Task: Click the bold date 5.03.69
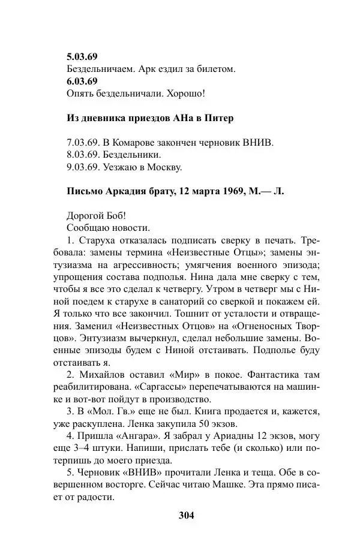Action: pos(82,58)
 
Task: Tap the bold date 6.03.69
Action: pos(82,82)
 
